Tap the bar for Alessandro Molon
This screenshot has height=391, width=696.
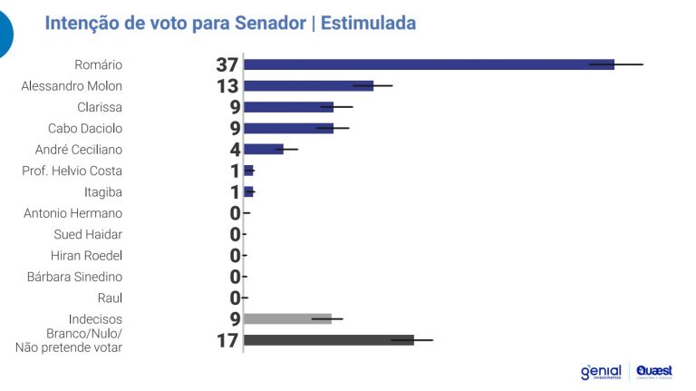(x=308, y=85)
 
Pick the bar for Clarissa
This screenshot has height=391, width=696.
(x=288, y=107)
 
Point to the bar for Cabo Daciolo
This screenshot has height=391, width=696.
(x=288, y=128)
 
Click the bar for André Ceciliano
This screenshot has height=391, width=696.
(x=264, y=149)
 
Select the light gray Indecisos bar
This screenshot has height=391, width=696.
(x=287, y=318)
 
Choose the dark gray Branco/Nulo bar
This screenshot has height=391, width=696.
(x=328, y=340)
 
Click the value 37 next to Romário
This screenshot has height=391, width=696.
(x=227, y=64)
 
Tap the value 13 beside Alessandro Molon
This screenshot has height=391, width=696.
(x=227, y=86)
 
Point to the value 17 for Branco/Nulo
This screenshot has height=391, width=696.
(x=227, y=341)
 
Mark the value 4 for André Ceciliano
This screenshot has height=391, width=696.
(x=235, y=150)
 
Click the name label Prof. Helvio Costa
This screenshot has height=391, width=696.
(x=72, y=171)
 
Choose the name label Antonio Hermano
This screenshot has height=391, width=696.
(x=73, y=213)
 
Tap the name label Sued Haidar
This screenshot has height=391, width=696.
(x=88, y=234)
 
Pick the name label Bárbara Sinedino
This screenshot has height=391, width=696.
(x=74, y=277)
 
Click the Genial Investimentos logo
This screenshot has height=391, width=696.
(x=601, y=372)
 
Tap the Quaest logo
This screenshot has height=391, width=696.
(x=654, y=371)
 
